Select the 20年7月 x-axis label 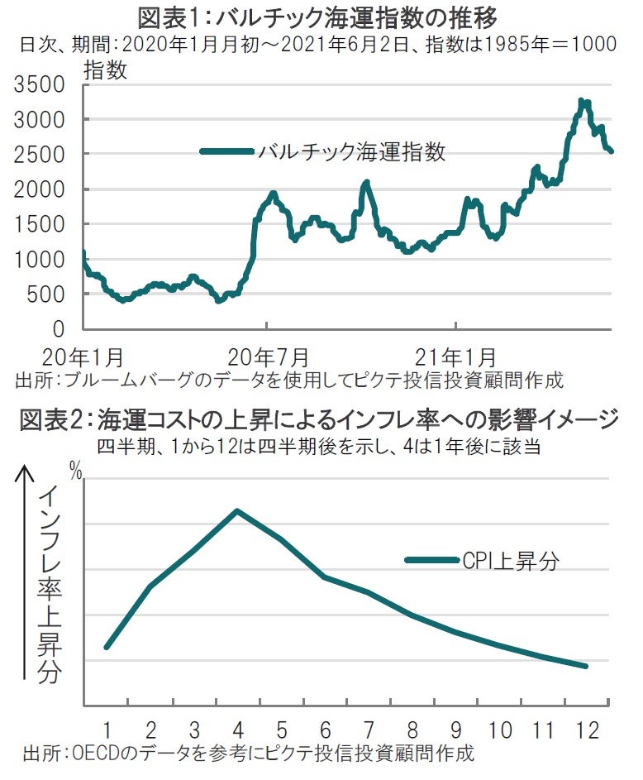coord(269,358)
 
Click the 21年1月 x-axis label coord(456,358)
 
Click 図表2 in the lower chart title coord(51,421)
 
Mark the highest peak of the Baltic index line coord(582,101)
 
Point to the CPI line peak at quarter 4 coord(237,510)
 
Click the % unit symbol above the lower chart coord(76,475)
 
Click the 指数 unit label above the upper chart coord(105,71)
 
